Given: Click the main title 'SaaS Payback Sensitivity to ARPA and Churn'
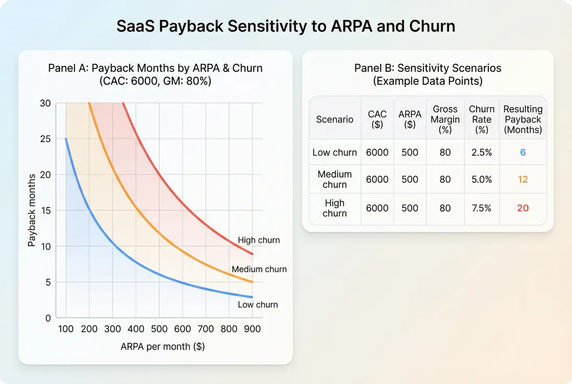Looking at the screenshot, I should click(285, 26).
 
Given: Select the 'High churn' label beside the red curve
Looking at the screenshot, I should click(259, 240).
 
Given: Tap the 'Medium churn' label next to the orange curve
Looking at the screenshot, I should click(259, 270).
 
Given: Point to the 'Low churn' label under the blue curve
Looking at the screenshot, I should click(258, 305).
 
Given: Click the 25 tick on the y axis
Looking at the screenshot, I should click(45, 139).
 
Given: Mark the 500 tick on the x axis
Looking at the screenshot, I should click(159, 329).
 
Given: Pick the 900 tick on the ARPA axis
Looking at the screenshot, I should click(252, 329).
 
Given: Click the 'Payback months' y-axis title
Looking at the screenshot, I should click(32, 210).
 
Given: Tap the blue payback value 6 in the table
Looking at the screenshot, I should click(522, 153).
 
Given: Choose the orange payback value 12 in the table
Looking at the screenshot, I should click(522, 179).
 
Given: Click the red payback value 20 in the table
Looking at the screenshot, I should click(522, 208).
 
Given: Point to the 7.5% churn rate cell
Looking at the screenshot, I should click(481, 208).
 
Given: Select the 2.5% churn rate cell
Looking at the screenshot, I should click(481, 153).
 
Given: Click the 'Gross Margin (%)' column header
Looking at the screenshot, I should click(445, 119).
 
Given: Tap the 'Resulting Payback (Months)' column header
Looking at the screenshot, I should click(522, 119).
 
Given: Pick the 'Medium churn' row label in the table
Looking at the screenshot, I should click(335, 179).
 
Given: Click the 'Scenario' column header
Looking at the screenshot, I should click(335, 119).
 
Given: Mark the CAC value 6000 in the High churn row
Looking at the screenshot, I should click(377, 208).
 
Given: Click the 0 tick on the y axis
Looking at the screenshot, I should click(48, 318).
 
